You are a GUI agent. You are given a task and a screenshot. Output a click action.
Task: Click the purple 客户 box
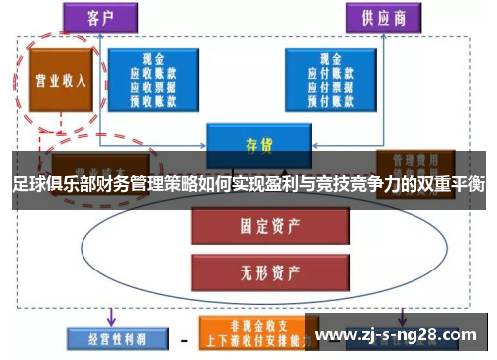(x=99, y=17)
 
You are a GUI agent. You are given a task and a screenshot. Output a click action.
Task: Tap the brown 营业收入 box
(x=61, y=80)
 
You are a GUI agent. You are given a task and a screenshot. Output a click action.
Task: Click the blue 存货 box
(x=258, y=145)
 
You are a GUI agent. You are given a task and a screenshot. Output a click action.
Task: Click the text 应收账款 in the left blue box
(x=153, y=72)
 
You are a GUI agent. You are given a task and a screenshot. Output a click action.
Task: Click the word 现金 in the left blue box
(x=153, y=59)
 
